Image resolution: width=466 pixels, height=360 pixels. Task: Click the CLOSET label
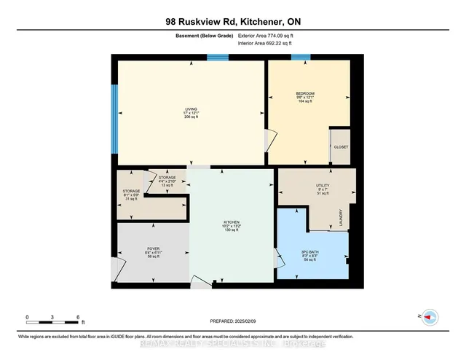click(341, 146)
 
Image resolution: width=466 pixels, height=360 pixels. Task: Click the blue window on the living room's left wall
click(114, 110)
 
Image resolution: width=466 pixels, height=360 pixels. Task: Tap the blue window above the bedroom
click(301, 58)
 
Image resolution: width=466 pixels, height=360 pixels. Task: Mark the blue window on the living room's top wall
click(217, 58)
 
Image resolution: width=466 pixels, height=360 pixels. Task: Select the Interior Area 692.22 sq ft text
click(266, 44)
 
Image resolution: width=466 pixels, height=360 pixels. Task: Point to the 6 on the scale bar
click(78, 317)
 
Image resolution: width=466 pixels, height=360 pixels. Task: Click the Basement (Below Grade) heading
click(198, 36)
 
